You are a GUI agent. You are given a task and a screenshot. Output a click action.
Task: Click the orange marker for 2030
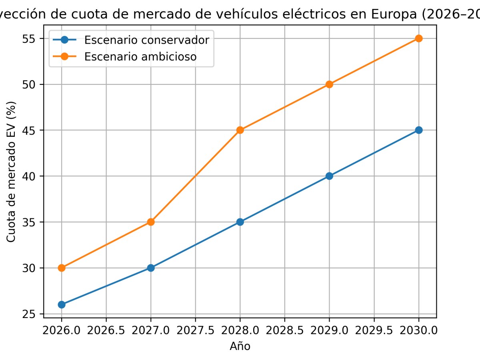pos(419,38)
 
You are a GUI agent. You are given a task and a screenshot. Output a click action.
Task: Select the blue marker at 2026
pos(62,304)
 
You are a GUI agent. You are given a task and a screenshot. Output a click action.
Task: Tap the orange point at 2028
pos(240,130)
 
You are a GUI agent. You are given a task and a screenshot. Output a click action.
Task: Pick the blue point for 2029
pos(329,176)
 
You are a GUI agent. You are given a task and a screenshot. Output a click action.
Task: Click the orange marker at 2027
pos(151,222)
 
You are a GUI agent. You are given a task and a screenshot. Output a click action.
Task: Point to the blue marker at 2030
pos(419,130)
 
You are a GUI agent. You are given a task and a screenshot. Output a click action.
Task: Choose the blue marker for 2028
pos(240,222)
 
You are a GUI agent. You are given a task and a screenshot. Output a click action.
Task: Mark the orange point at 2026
pos(62,268)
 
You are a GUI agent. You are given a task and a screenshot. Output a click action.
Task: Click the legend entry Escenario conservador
pos(146,40)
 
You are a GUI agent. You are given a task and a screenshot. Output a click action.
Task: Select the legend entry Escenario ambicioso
pos(140,57)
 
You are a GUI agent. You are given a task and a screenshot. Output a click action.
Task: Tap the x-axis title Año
pos(240,346)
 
